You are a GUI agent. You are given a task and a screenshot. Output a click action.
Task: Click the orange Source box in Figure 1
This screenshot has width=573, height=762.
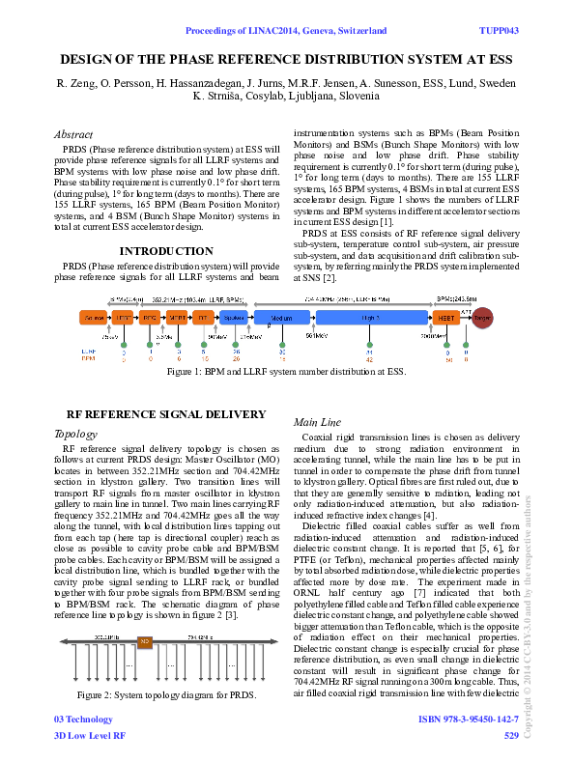click(94, 317)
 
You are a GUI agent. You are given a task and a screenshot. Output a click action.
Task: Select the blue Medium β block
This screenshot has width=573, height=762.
click(281, 317)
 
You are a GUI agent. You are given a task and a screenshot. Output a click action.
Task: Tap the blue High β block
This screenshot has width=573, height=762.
click(372, 317)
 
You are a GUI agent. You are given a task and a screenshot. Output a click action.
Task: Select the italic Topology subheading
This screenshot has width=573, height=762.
click(76, 434)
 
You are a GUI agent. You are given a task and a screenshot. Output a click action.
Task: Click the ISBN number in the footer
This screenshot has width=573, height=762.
click(468, 720)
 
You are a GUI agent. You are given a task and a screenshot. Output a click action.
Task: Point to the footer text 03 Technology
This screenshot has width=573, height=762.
click(83, 720)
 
